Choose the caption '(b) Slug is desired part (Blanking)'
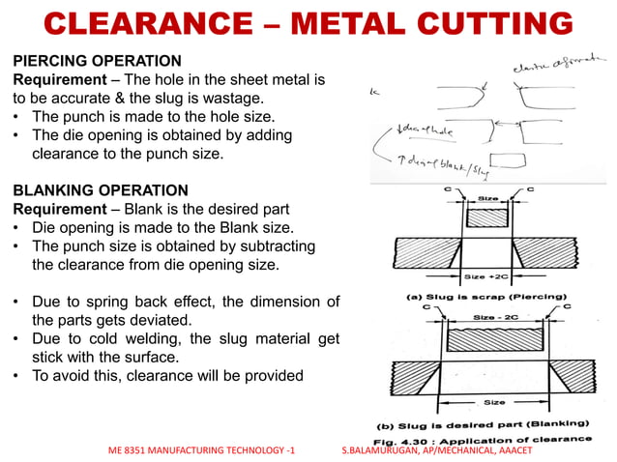(484, 423)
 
